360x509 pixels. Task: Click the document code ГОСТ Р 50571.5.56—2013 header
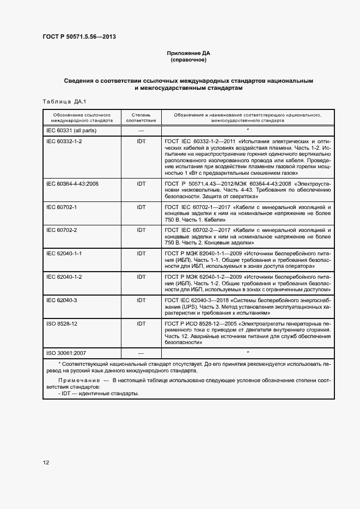coord(79,37)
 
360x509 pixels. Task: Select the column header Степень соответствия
coord(141,118)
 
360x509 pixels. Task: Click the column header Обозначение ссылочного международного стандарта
coord(82,118)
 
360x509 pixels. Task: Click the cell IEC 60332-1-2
coord(64,140)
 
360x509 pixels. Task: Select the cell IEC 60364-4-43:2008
coord(72,183)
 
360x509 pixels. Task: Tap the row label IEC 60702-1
coord(62,207)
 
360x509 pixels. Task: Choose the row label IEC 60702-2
coord(62,230)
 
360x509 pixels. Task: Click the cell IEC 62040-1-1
coord(64,254)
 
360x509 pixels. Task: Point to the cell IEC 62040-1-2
coord(64,277)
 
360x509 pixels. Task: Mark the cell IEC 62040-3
coord(62,300)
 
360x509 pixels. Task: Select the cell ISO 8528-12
coord(62,323)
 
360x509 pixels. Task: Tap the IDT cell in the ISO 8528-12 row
coord(141,323)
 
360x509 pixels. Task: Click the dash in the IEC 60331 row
coord(141,131)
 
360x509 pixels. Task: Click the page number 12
coord(46,462)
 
